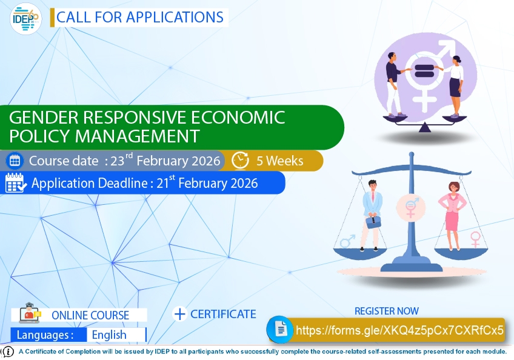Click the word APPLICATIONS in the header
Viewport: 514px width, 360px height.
(174, 17)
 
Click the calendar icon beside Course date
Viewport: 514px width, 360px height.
(15, 161)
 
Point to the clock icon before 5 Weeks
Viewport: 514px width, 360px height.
(241, 161)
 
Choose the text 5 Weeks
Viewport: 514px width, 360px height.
(279, 161)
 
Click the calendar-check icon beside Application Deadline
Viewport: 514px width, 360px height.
(15, 183)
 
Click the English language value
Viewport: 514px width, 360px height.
(109, 335)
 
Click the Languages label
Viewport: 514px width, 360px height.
(45, 335)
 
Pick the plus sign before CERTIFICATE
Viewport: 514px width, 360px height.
(179, 314)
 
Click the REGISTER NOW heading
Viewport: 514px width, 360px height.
(386, 311)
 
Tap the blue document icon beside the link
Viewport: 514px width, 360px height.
(280, 330)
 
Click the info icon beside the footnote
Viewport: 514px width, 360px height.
(8, 352)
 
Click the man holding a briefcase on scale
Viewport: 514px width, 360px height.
(371, 215)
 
